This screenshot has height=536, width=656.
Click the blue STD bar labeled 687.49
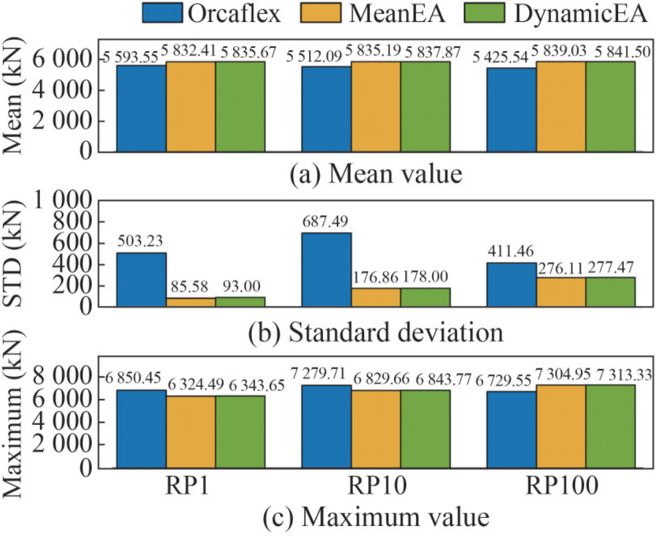(326, 269)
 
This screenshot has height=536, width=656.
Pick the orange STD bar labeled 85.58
(191, 302)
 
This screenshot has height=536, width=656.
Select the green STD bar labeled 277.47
(610, 292)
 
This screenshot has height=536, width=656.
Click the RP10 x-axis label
(376, 488)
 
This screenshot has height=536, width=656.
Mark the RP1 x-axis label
(191, 488)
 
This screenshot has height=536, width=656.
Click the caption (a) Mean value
(376, 176)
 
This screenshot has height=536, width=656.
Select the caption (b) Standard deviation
(376, 331)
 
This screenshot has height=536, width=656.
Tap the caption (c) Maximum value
(376, 516)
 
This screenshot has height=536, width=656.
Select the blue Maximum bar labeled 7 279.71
(326, 426)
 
